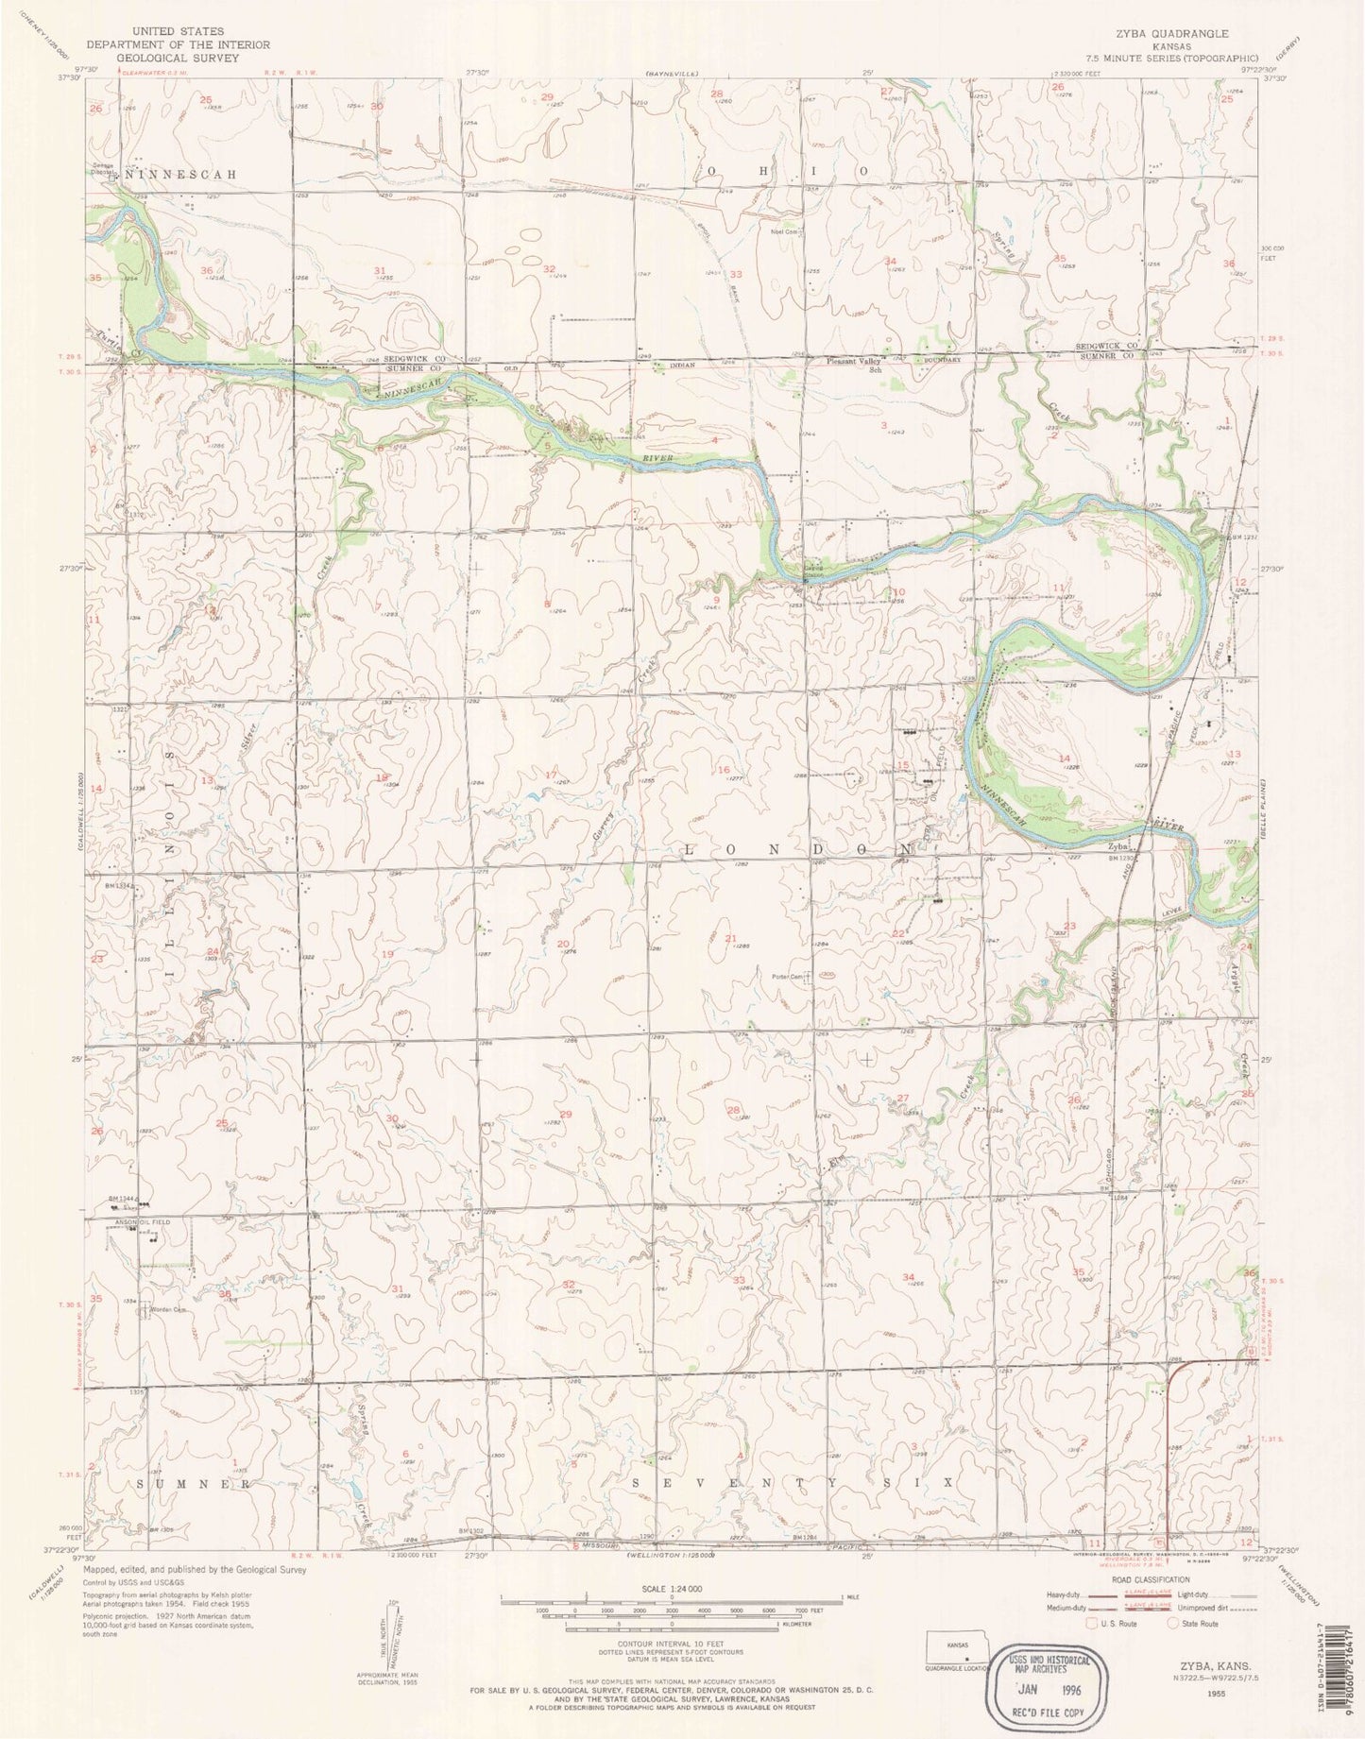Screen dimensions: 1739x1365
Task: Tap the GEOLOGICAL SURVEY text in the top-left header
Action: point(179,57)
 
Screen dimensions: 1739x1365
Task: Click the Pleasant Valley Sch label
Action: point(854,363)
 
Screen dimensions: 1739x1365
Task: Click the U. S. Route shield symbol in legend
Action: point(1093,1624)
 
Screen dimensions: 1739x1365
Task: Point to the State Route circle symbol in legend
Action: point(1174,1624)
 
